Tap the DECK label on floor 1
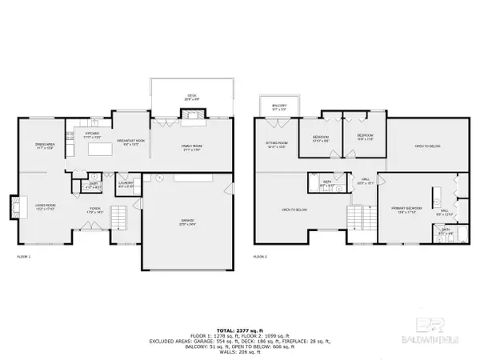click(192, 97)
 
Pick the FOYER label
click(94, 210)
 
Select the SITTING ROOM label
click(276, 145)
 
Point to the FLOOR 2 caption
click(262, 257)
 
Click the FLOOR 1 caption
click(24, 257)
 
